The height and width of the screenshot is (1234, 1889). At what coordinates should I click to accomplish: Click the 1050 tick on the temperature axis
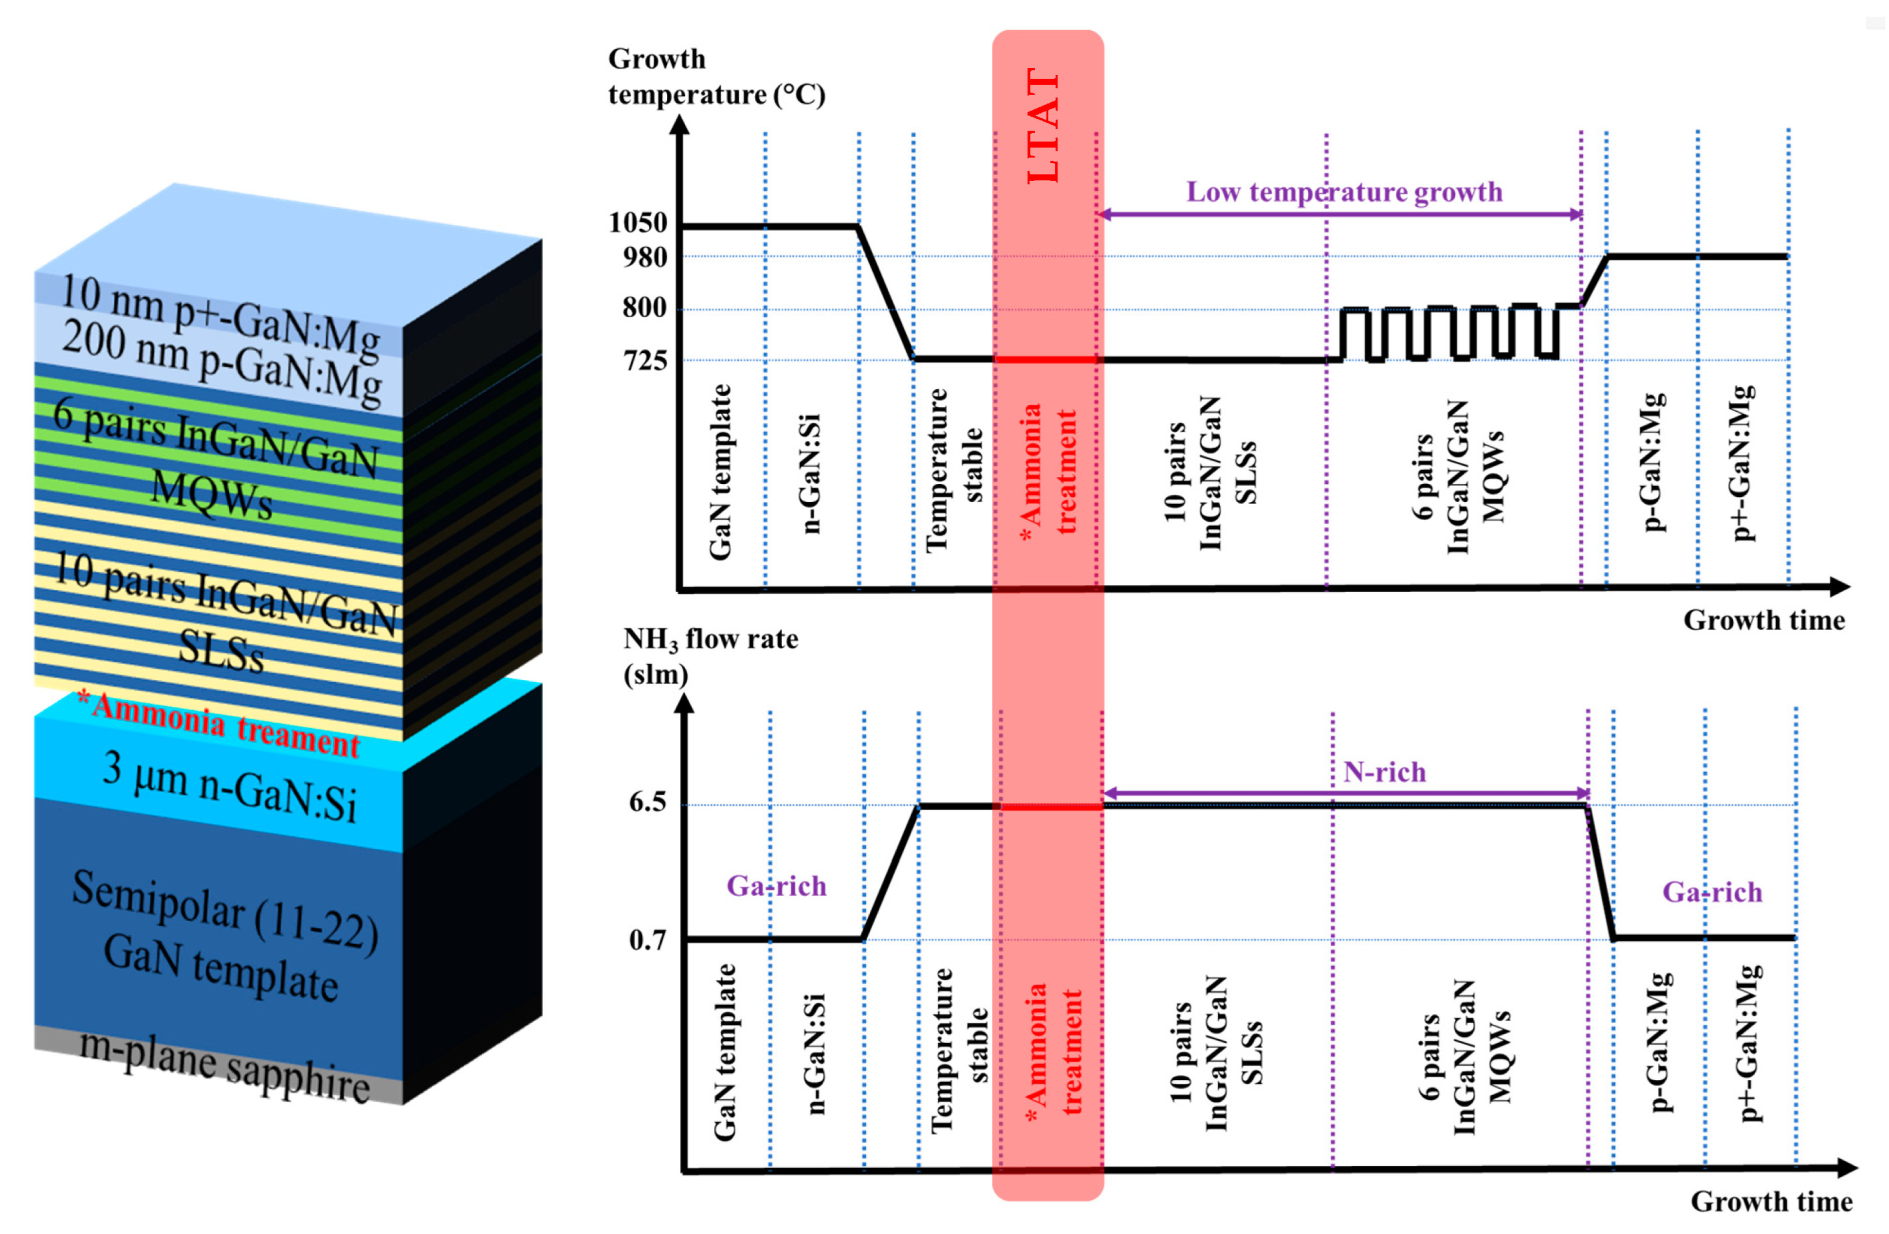coord(637,222)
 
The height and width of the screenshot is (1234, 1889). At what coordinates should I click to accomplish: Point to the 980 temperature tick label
coord(644,257)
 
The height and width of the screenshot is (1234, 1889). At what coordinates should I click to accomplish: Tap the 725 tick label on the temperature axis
coord(644,361)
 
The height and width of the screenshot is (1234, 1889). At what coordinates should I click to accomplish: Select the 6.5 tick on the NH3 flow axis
coord(647,802)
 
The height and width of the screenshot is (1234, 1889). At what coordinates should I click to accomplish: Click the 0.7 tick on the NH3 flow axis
coord(647,940)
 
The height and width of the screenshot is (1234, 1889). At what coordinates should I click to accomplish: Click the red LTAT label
coord(1043,127)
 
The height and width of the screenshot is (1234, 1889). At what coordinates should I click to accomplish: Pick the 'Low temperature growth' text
coord(1344,192)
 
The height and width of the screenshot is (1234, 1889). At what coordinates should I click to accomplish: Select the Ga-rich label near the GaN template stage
coord(776,886)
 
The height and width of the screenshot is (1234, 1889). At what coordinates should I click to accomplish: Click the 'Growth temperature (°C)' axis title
coord(716,77)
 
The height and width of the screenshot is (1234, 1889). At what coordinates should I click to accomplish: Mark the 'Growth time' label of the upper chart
coord(1764,620)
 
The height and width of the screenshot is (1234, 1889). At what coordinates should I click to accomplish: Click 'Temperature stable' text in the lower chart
coord(958,1050)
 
